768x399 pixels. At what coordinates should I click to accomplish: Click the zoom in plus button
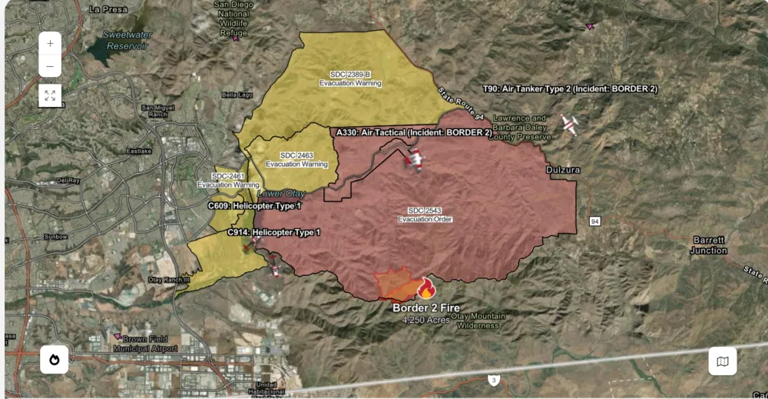(50, 44)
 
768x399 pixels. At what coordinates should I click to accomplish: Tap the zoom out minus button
(50, 66)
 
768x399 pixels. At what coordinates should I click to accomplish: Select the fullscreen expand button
(50, 95)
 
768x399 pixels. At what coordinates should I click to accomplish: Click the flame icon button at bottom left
(55, 360)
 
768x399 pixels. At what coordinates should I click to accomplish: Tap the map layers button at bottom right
(722, 361)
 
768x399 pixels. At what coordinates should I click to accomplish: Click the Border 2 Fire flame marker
(426, 288)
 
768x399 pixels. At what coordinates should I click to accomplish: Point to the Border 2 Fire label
(426, 308)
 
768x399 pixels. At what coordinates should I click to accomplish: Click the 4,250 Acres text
(425, 319)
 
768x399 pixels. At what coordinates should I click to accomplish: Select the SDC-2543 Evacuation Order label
(425, 214)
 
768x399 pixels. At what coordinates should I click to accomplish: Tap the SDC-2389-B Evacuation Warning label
(350, 78)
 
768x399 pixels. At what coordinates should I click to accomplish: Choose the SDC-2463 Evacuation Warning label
(296, 160)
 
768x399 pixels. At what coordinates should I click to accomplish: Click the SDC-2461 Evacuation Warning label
(228, 181)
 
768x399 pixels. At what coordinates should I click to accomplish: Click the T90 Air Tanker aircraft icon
(569, 124)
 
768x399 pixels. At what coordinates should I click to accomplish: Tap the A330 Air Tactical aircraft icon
(415, 160)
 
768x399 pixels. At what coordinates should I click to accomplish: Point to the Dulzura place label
(563, 169)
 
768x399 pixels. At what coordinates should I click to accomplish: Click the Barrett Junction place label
(708, 245)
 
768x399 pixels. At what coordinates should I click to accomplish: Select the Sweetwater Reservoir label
(127, 40)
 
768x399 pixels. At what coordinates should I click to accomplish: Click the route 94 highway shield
(594, 221)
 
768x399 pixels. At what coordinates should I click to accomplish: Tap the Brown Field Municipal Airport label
(146, 343)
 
